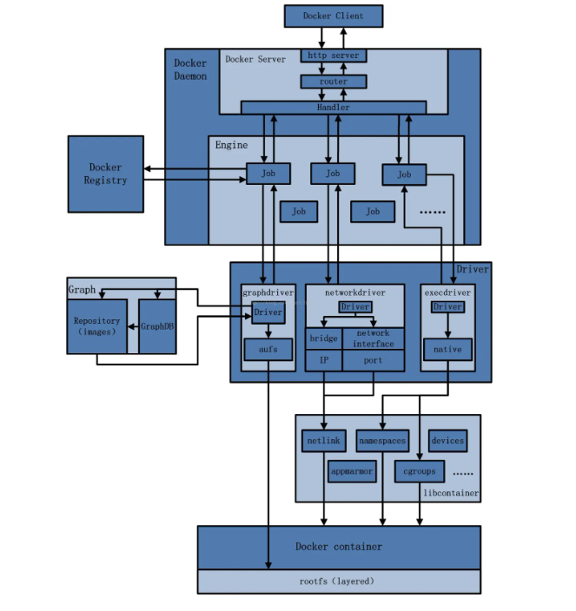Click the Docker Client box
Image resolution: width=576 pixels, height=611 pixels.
coord(334,16)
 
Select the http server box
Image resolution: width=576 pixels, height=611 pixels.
coord(334,56)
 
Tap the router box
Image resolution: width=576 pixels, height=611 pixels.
coord(334,82)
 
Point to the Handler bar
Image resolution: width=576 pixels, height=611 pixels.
coord(334,108)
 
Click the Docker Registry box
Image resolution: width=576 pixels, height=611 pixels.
coord(105,174)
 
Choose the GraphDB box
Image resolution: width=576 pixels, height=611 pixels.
coord(157,326)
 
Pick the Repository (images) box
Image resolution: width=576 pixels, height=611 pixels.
coord(96,326)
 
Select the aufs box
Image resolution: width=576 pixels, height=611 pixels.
coord(267,350)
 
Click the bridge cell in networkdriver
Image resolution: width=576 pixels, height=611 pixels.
coord(323,338)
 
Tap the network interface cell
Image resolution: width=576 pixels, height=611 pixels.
coord(373,338)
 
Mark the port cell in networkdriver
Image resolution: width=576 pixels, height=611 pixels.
coord(373,360)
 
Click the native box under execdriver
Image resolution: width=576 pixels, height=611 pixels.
coord(447,350)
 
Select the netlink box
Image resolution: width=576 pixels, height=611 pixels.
coord(322,441)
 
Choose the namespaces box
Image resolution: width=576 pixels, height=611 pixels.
coord(382,441)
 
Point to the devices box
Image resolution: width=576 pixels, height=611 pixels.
coord(447,441)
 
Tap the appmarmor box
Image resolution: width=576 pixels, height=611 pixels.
coord(352,471)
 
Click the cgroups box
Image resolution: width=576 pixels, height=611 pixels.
coord(420,471)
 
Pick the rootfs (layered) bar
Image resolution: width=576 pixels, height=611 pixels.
coord(338,581)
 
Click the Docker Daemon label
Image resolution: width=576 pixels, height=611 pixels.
coord(190,69)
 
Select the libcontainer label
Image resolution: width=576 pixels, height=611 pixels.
coord(450,493)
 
